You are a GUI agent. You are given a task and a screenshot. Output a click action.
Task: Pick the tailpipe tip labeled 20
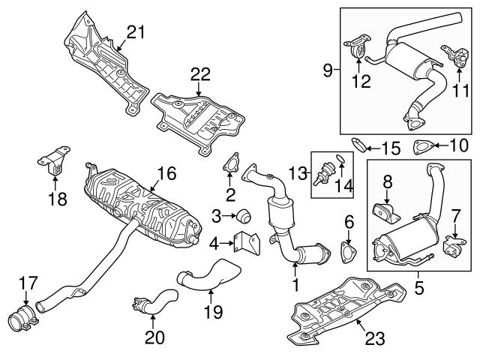[139, 304]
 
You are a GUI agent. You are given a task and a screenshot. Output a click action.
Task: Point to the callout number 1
[295, 285]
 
